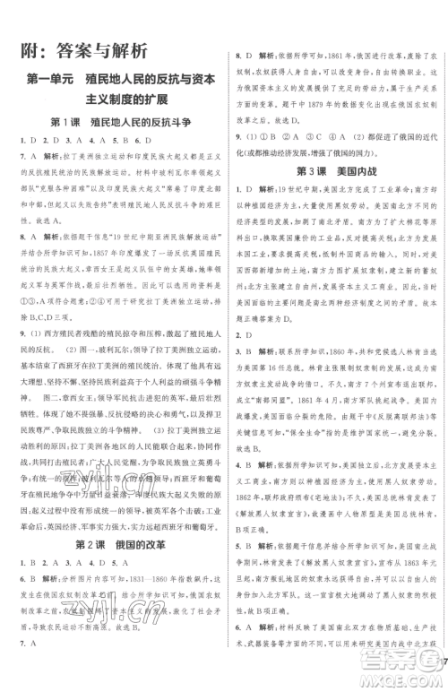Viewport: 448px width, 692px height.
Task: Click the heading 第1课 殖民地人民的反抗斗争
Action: (x=112, y=120)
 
